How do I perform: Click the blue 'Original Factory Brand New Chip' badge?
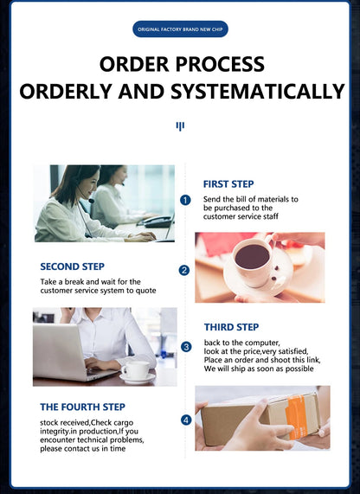tap(180, 29)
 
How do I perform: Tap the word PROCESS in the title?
tap(220, 64)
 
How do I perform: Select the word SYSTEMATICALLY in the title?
tap(258, 92)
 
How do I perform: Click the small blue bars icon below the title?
tap(180, 126)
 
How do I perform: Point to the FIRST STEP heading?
tap(228, 184)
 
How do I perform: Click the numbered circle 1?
tap(185, 201)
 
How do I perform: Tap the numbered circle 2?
tap(184, 271)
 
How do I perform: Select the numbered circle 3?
tap(186, 347)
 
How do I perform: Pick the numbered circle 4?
tap(186, 420)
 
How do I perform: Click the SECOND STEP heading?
tap(72, 266)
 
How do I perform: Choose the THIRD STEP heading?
tap(231, 327)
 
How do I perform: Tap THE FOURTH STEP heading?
tap(82, 407)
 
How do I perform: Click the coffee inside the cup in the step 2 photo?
tap(252, 256)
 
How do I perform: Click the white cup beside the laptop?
tap(137, 369)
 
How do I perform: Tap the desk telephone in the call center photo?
tap(156, 221)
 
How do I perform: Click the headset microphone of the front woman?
tap(91, 201)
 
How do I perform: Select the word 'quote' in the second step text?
tap(146, 291)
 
